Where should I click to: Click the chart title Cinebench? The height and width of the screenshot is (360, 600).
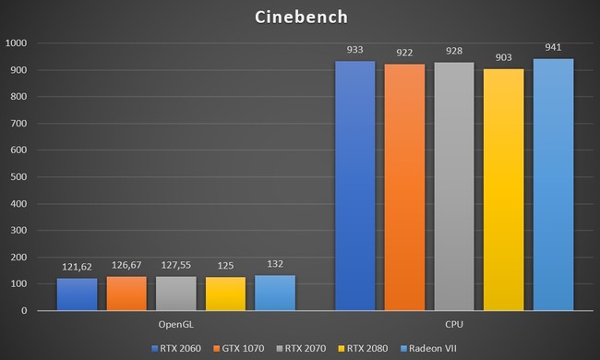300,17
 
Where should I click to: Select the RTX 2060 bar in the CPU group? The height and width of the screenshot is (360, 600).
354,185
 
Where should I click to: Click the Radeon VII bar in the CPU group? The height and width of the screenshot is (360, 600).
553,184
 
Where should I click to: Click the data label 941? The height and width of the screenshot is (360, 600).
553,47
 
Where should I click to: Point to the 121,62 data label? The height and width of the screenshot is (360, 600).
77,267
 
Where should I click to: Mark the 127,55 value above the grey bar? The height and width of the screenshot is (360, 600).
176,265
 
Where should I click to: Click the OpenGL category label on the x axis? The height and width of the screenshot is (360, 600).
175,324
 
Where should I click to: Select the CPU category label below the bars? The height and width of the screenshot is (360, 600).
454,324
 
